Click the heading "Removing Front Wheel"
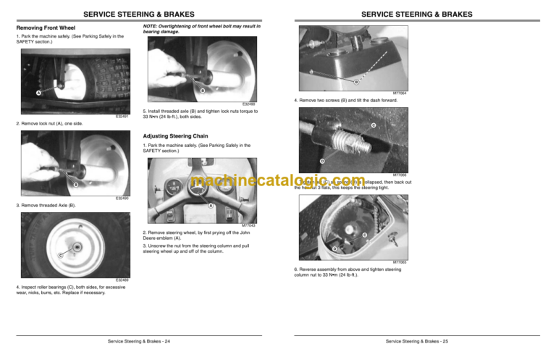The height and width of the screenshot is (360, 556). point(46,29)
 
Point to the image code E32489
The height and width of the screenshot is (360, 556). point(122,280)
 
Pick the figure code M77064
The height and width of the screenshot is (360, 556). point(399,93)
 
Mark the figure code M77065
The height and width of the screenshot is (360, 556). point(399,262)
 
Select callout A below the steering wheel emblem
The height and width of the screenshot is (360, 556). point(211,206)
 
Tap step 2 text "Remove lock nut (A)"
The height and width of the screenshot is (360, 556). point(49,124)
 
